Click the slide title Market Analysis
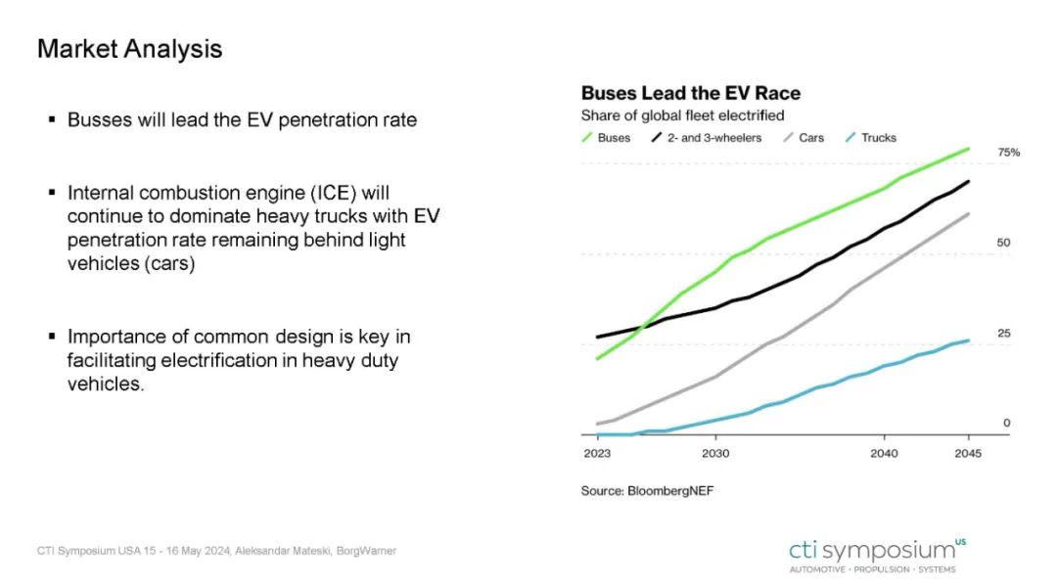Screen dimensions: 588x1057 tap(129, 49)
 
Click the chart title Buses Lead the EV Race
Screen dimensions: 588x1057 tap(690, 94)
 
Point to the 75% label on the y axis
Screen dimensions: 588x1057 tap(1008, 153)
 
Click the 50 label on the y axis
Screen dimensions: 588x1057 tap(1003, 243)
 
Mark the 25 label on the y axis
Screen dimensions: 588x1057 tap(1003, 334)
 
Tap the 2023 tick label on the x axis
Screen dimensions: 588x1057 tap(597, 454)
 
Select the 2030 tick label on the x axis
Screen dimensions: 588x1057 tap(715, 454)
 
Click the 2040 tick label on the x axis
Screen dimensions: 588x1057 tap(885, 454)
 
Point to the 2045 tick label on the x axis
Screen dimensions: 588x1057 tap(967, 454)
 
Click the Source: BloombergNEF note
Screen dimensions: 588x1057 tap(647, 490)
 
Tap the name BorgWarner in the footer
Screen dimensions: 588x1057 tap(366, 551)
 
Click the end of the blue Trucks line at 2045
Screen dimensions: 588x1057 tap(968, 340)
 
